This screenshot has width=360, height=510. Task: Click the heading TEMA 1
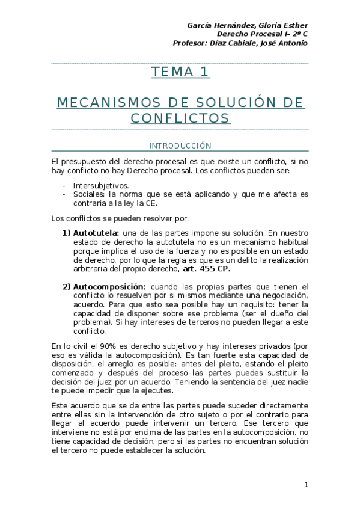[180, 73]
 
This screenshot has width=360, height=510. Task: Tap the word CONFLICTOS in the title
[180, 118]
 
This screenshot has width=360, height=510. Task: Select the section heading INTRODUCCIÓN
[180, 146]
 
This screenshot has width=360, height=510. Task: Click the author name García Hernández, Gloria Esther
[248, 25]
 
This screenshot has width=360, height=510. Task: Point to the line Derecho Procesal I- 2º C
[263, 34]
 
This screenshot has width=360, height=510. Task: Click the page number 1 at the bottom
[306, 485]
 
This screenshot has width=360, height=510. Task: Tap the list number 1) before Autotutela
[66, 233]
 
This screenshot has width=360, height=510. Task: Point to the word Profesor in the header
[190, 43]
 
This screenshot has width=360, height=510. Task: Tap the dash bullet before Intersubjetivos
[64, 186]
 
